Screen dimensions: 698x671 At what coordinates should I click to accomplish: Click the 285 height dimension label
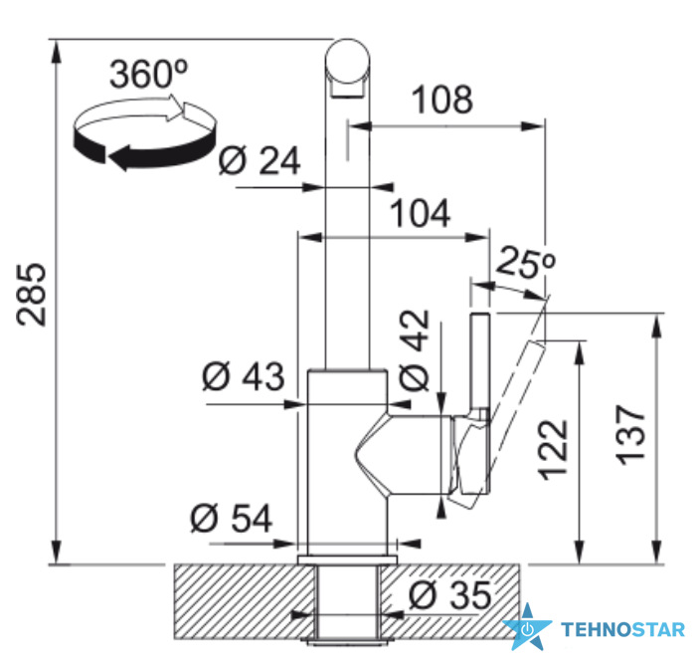pyautogui.click(x=31, y=295)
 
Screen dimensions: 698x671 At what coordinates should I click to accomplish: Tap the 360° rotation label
pyautogui.click(x=149, y=74)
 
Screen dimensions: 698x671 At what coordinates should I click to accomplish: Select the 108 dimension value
pyautogui.click(x=442, y=100)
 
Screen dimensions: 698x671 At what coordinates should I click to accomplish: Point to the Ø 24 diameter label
pyautogui.click(x=260, y=160)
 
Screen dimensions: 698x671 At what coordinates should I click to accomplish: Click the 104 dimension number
pyautogui.click(x=421, y=213)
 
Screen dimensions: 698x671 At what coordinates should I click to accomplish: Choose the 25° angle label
pyautogui.click(x=525, y=262)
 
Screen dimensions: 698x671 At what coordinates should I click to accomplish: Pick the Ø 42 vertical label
pyautogui.click(x=415, y=350)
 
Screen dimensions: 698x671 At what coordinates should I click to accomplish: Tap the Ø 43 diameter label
pyautogui.click(x=243, y=376)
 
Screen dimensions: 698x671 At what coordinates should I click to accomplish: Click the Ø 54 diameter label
pyautogui.click(x=231, y=518)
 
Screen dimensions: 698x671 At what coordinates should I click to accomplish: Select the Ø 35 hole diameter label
pyautogui.click(x=450, y=594)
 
